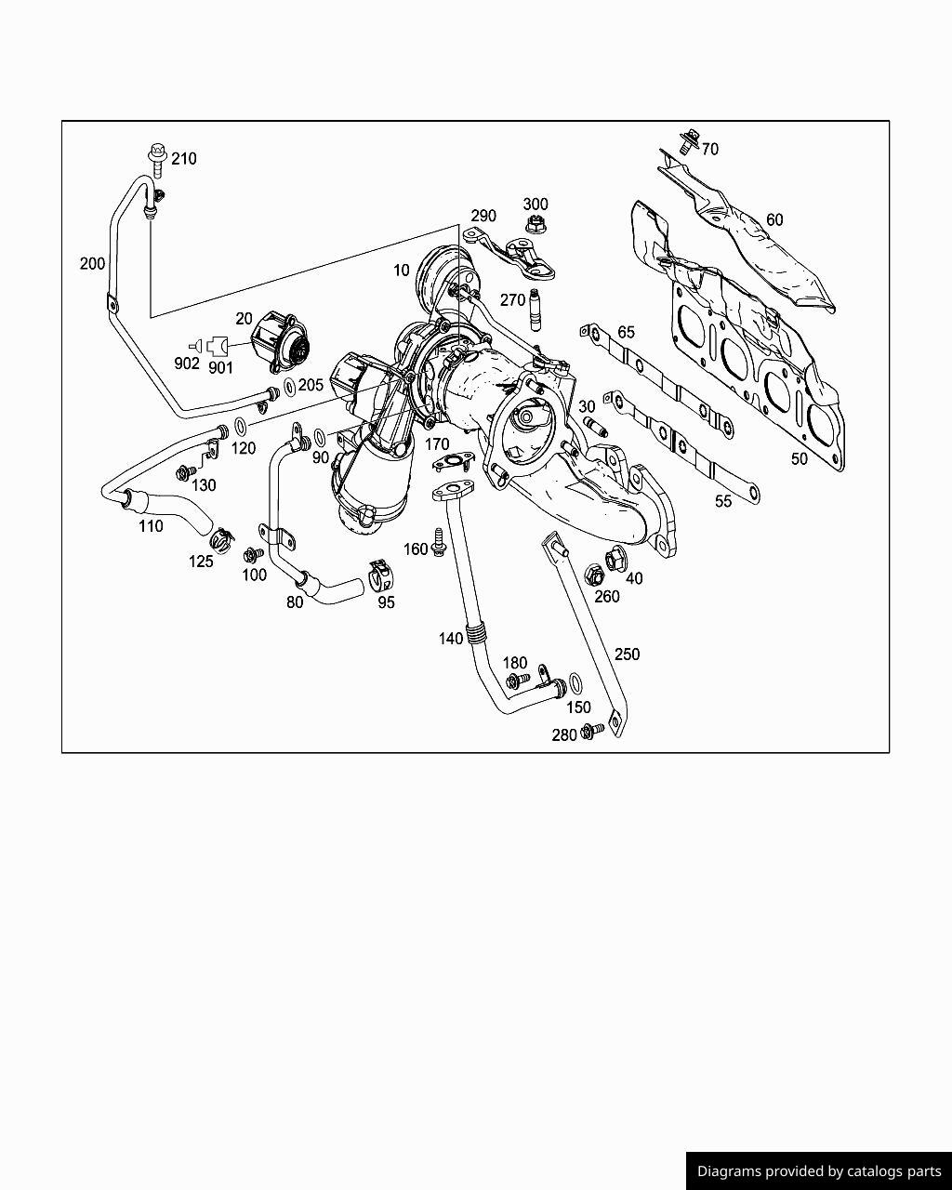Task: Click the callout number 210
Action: coord(184,159)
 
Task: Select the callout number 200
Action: coord(92,264)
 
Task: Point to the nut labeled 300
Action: coord(535,224)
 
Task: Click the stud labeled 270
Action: coord(535,310)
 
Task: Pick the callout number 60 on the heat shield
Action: coord(774,219)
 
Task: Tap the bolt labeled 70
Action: coord(688,142)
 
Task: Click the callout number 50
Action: coord(800,458)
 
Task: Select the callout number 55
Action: coord(723,501)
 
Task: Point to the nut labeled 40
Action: coord(615,560)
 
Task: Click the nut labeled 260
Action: coord(593,575)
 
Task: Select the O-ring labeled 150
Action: coord(576,686)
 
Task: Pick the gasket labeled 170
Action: coord(453,462)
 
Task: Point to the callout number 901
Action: coord(220,367)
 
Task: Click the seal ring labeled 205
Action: coord(289,386)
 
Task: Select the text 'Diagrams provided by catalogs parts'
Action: coord(819,1171)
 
